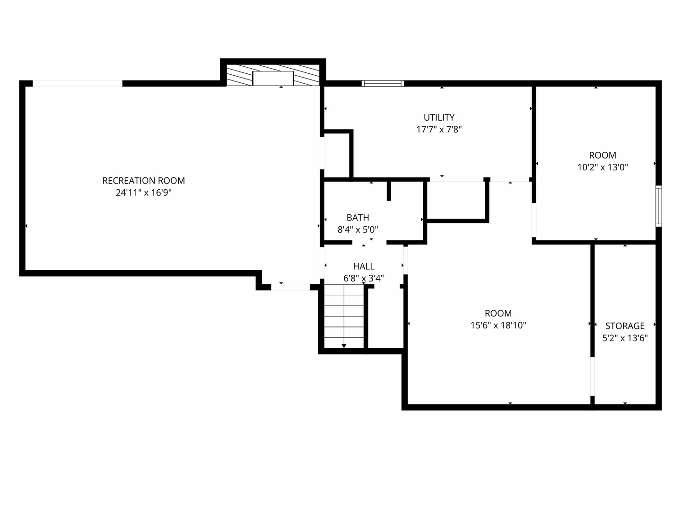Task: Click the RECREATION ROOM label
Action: click(144, 181)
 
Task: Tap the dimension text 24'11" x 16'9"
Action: click(144, 193)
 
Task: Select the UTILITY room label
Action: click(439, 117)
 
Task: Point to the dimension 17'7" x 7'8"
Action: click(439, 129)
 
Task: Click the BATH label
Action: click(358, 218)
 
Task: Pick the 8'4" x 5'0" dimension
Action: click(358, 229)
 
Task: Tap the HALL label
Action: click(364, 266)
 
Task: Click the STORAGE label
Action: click(625, 326)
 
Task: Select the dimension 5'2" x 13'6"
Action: click(625, 338)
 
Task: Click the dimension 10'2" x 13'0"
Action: click(602, 167)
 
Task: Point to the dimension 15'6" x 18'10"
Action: click(498, 325)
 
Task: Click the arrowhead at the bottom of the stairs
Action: click(344, 346)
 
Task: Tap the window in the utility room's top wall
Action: click(383, 83)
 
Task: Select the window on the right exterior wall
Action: click(658, 206)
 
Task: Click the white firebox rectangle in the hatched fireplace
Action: click(273, 78)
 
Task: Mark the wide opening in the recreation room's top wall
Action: click(78, 83)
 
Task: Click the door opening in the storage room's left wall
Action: click(592, 376)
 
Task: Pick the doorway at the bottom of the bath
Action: click(369, 242)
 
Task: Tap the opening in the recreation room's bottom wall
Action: click(290, 287)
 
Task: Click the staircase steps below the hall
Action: click(344, 316)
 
